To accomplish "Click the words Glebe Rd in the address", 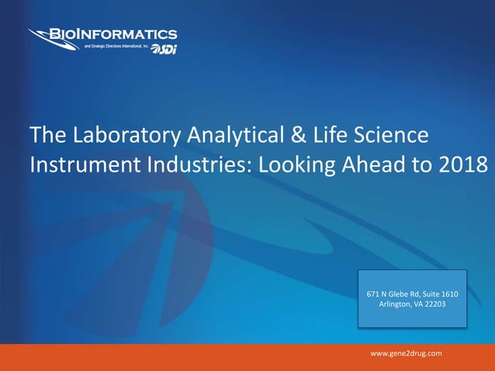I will (404, 293).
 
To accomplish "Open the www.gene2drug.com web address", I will (406, 354).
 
